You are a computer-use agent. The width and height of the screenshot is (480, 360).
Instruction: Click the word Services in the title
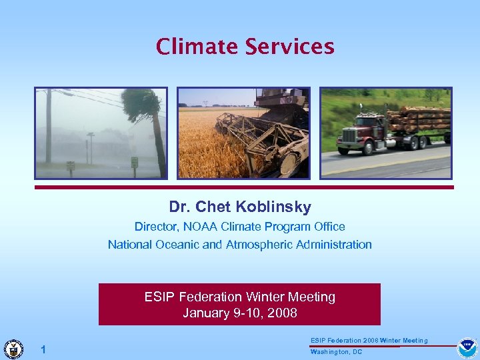pos(290,47)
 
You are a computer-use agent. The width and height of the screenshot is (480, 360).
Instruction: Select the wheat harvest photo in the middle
pos(243,133)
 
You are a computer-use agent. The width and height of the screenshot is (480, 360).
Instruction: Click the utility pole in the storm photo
pos(48,127)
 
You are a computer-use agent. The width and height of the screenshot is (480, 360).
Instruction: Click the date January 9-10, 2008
pos(240,313)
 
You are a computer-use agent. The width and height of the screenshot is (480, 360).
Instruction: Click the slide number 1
pos(43,349)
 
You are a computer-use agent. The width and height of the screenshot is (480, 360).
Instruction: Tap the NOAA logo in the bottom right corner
pos(467,348)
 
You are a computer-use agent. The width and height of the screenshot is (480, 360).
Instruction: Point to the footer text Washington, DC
pos(336,352)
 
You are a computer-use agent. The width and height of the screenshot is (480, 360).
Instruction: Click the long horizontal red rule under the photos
pos(244,187)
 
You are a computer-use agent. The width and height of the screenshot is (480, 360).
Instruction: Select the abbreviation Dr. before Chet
pos(179,207)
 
